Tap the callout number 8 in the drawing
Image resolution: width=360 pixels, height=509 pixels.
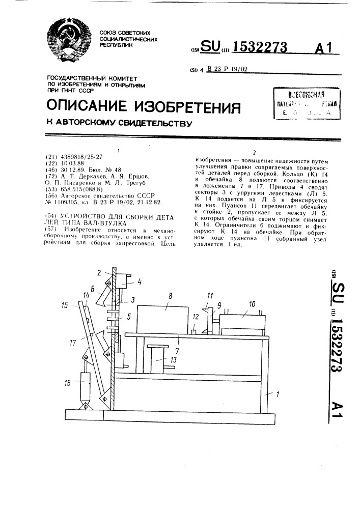(171, 294)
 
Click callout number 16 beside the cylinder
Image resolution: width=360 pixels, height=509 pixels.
(68, 384)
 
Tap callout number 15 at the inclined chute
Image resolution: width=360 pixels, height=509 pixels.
(65, 305)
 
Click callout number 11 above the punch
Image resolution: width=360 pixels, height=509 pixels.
(209, 295)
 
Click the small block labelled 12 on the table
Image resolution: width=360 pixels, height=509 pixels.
(195, 332)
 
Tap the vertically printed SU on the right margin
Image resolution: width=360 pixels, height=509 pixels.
(337, 293)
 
